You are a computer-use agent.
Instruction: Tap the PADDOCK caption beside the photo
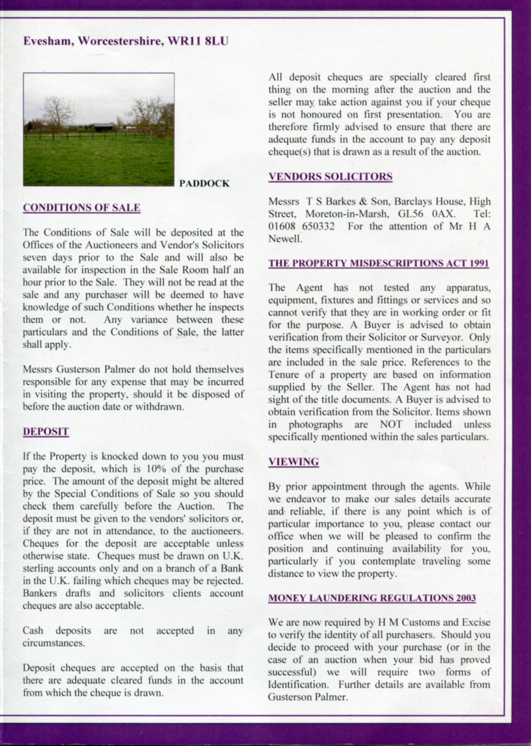click(x=204, y=183)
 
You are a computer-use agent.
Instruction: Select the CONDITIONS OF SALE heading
click(x=82, y=208)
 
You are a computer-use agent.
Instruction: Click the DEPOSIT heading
click(x=46, y=432)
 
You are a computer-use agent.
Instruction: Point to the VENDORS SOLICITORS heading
click(x=330, y=177)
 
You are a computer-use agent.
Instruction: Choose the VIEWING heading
click(x=293, y=462)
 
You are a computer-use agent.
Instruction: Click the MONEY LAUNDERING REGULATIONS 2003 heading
click(x=372, y=598)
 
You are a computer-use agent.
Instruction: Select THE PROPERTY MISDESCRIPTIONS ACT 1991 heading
click(x=378, y=263)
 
